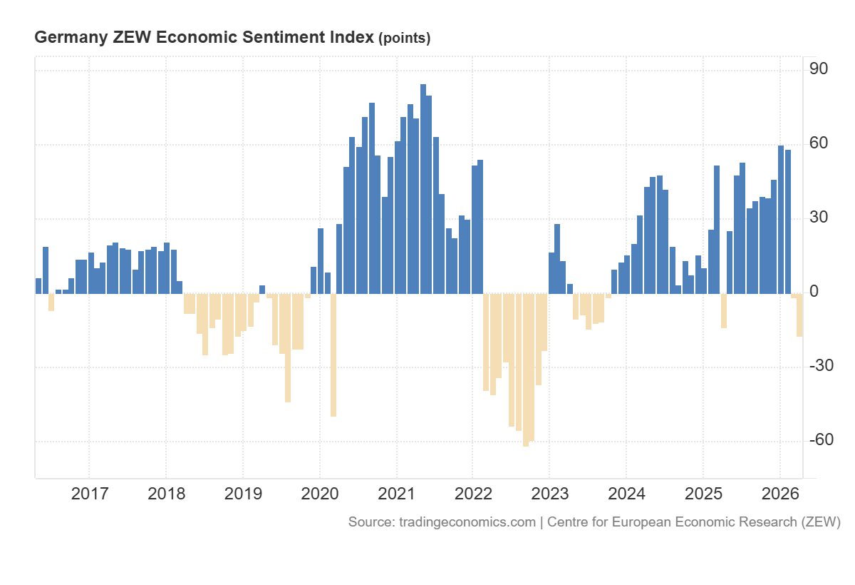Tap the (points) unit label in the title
(x=404, y=39)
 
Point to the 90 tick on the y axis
(x=818, y=69)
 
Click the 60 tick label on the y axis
(x=818, y=143)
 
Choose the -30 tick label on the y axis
(x=821, y=366)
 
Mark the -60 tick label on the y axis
(x=821, y=440)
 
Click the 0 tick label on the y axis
(x=813, y=292)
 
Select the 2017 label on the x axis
(x=89, y=494)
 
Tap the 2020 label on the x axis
(x=319, y=494)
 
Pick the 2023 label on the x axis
(x=549, y=494)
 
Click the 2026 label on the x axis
(x=779, y=494)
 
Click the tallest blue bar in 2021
(x=423, y=189)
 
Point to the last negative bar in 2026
(x=799, y=315)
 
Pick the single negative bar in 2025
(x=724, y=310)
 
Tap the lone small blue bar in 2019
(x=262, y=290)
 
